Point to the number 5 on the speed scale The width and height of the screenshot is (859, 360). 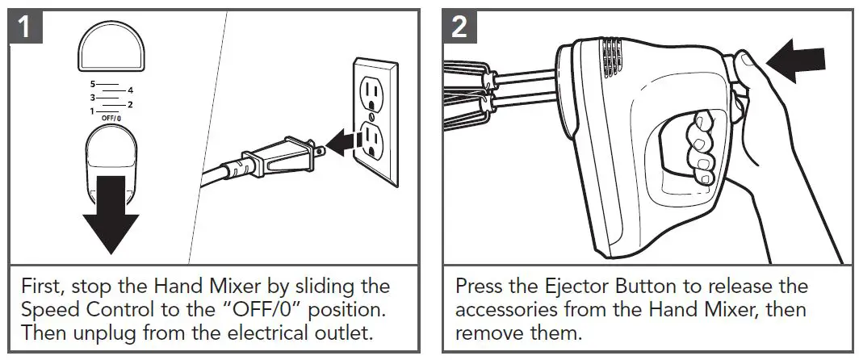click(93, 83)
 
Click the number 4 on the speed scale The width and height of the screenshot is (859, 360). click(130, 90)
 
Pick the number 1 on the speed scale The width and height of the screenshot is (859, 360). click(92, 110)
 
